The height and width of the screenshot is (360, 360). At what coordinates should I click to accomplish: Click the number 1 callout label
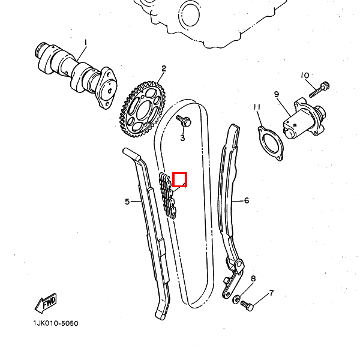tap(85, 43)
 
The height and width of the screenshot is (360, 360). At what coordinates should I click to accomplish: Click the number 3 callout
tap(183, 139)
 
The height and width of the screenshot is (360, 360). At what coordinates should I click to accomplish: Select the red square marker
tap(179, 179)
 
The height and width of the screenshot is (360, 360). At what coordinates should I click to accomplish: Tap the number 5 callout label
tap(127, 202)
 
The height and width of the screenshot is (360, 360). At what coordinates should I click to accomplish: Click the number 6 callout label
tap(247, 200)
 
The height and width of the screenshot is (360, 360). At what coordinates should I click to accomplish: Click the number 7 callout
tap(271, 293)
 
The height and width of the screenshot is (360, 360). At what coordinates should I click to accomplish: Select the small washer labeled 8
tap(236, 298)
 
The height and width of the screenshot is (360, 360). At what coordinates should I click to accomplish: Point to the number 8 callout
tap(253, 279)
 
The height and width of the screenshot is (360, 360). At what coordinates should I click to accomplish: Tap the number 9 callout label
tap(277, 94)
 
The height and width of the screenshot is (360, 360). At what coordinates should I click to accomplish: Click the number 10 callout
tap(305, 76)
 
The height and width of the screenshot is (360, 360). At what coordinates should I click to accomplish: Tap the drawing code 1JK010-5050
tap(56, 323)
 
